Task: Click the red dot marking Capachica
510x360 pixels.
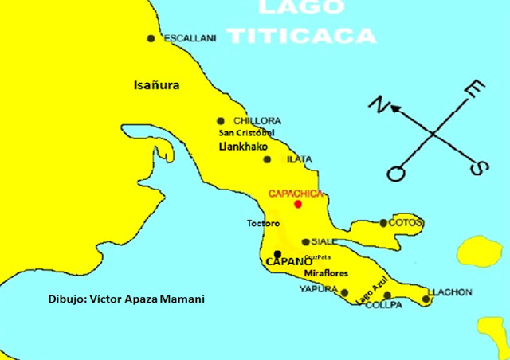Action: coord(298,204)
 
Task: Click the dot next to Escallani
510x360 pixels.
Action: coord(151,38)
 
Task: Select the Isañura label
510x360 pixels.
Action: coord(157,84)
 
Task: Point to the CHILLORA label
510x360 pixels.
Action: coord(257,120)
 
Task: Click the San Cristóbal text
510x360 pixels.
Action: coord(246,132)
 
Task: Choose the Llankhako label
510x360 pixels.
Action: coord(243,147)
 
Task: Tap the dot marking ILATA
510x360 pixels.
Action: coord(267,159)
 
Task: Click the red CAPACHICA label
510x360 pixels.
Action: coord(296,194)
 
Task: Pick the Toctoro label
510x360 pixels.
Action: coord(262,224)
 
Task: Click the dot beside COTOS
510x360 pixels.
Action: coord(383,223)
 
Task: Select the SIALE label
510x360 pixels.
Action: coord(325,241)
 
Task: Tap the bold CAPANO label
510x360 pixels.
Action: coord(288,260)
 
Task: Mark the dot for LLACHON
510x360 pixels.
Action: coord(426,299)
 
